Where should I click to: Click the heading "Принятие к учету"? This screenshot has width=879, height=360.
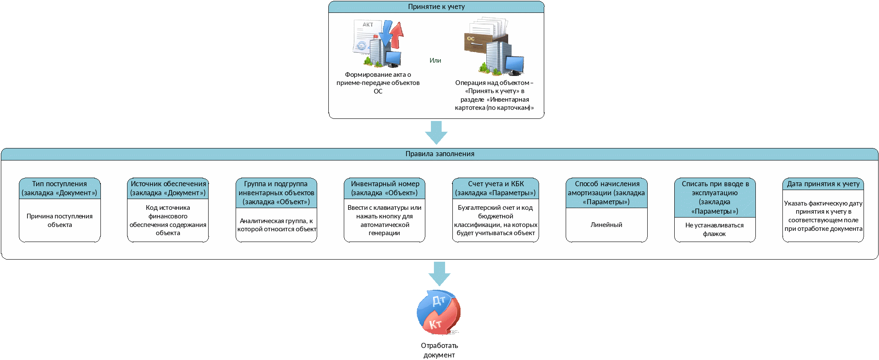(x=436, y=6)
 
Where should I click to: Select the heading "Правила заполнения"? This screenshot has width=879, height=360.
(x=440, y=154)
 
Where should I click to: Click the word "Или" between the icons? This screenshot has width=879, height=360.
(x=435, y=61)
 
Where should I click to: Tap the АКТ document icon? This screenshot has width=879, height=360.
(x=378, y=43)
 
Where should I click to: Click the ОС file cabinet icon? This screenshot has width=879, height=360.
(x=494, y=46)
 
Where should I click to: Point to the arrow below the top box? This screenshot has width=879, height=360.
(x=436, y=133)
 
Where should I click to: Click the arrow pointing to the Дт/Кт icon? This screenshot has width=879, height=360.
(x=439, y=274)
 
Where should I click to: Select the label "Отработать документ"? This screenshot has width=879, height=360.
(x=439, y=350)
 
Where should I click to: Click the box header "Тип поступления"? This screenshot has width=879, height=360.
(x=60, y=188)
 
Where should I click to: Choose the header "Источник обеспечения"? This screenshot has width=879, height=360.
(x=168, y=188)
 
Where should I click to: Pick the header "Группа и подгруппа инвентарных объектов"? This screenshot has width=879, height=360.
(x=276, y=193)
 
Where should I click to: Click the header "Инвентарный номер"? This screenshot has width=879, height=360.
(x=385, y=188)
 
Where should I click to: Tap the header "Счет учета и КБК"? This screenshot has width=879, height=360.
(x=496, y=188)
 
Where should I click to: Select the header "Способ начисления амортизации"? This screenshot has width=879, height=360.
(x=606, y=193)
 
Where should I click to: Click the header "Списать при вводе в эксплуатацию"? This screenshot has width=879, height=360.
(x=715, y=197)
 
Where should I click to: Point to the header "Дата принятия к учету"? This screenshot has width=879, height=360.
(x=823, y=184)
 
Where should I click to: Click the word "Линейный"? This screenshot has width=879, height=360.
(x=606, y=225)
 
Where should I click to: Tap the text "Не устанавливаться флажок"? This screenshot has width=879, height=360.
(x=715, y=230)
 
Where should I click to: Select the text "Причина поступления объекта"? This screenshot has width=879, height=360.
(x=60, y=221)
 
